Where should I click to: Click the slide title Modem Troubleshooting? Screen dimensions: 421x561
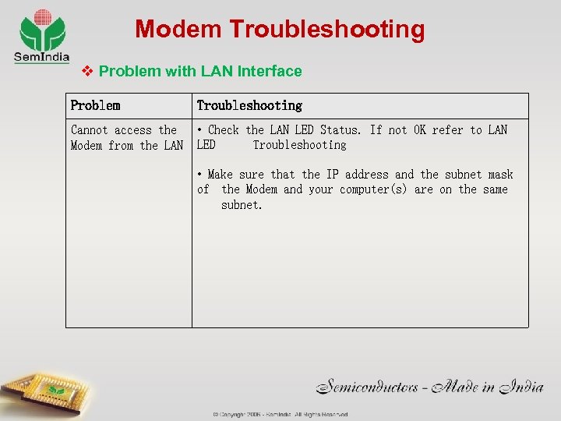pyautogui.click(x=280, y=30)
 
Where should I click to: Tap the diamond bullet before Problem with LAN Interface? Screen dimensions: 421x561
pyautogui.click(x=88, y=71)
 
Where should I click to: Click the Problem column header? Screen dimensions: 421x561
pyautogui.click(x=95, y=105)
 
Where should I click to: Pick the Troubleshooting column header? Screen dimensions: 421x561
pyautogui.click(x=249, y=105)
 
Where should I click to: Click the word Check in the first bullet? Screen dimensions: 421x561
pyautogui.click(x=224, y=130)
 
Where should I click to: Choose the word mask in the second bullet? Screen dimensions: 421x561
pyautogui.click(x=500, y=175)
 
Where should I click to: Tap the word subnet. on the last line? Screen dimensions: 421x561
pyautogui.click(x=242, y=205)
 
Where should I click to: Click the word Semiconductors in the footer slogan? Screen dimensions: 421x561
pyautogui.click(x=369, y=386)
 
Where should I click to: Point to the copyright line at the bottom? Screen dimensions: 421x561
pyautogui.click(x=280, y=414)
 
